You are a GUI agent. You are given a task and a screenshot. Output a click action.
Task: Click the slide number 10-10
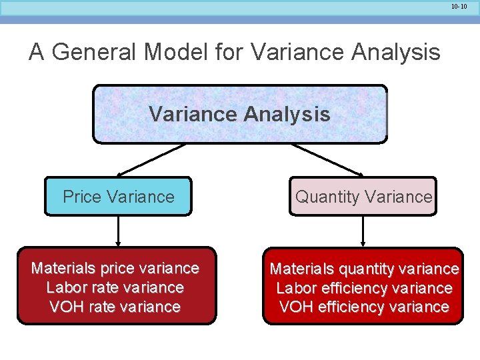coord(459,6)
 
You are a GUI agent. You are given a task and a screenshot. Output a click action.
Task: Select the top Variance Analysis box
coord(239,114)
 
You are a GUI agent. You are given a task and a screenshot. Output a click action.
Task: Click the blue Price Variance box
coord(118,197)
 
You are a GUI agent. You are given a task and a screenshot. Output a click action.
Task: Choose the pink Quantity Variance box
coord(363,197)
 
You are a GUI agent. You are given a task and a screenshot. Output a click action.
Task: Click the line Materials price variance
coord(115,268)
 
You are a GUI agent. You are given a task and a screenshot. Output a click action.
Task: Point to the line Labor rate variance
coord(115,287)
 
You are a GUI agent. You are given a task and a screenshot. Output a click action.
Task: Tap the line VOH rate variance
coord(115,307)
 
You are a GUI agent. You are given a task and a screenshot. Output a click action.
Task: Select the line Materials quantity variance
coord(364,269)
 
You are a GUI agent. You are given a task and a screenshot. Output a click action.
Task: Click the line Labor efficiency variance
coord(364,288)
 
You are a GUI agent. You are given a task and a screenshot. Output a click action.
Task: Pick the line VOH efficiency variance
coord(364,307)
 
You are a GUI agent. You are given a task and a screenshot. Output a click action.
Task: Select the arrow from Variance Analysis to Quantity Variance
coord(327,160)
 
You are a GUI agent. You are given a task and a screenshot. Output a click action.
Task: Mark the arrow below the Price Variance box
coord(118,231)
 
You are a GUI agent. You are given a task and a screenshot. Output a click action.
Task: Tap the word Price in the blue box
coord(81,197)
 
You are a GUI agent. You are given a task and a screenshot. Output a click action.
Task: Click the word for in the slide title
coord(228,52)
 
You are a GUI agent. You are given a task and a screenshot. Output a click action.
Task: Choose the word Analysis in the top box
coord(287,114)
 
